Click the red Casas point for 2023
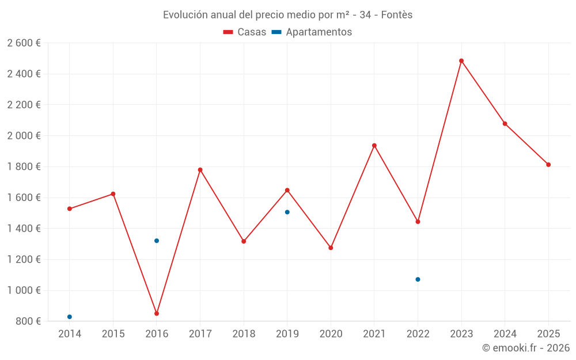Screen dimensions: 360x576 coord(461,60)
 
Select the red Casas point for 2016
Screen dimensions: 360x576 coord(157,313)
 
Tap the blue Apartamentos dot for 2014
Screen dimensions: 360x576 coord(70,317)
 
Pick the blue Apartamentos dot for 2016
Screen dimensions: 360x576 coord(157,241)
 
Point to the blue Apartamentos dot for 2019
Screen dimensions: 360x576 coord(287,212)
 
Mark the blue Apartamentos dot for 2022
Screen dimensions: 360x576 coord(418,279)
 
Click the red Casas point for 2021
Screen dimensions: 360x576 coord(374,145)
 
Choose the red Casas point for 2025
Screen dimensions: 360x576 coord(548,165)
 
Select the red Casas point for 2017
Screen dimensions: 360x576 coord(200,170)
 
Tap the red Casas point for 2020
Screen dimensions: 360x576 coord(331,248)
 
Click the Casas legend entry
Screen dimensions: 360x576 coord(245,32)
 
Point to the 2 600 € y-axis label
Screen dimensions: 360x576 coord(24,43)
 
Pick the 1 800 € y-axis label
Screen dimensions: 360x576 coord(24,167)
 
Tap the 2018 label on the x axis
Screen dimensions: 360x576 coord(244,334)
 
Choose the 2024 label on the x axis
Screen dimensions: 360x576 coord(505,334)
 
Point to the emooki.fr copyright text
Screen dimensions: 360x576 coord(526,348)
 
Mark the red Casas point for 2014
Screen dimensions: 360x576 coord(70,209)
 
